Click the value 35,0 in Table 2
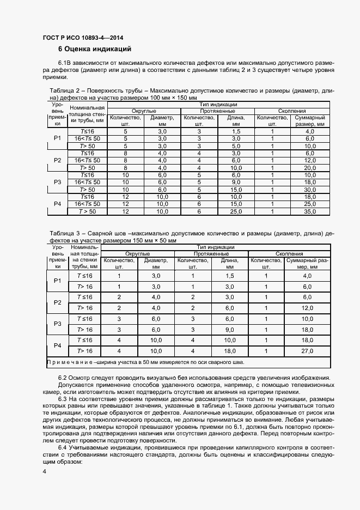tap(310, 211)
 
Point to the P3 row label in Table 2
tap(58, 181)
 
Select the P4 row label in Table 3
tap(58, 346)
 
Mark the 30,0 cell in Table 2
tap(310, 189)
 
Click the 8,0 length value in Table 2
tap(236, 168)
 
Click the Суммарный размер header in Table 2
tap(310, 120)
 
